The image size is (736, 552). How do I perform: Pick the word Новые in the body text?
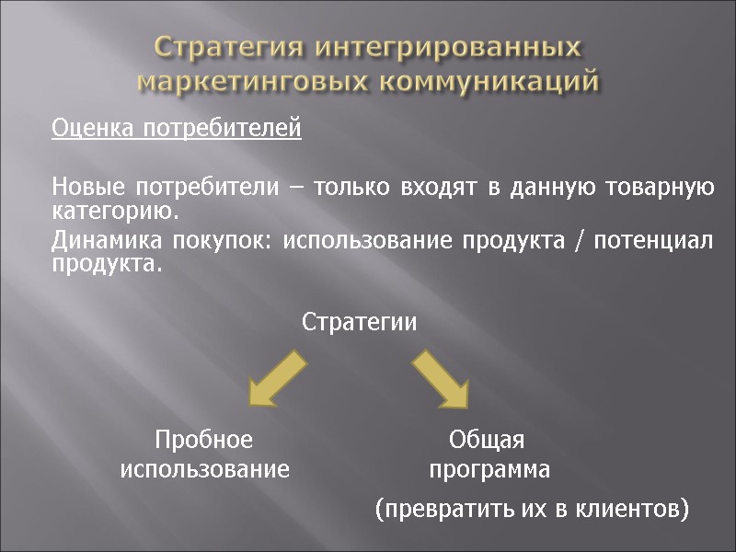tap(88, 189)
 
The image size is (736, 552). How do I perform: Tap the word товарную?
tap(662, 189)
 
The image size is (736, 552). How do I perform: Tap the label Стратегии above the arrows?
tap(360, 323)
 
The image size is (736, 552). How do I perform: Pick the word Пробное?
tap(204, 439)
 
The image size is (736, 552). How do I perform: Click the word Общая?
tap(487, 439)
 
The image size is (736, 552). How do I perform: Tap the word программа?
tap(489, 470)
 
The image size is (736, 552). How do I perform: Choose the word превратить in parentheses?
tap(442, 509)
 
